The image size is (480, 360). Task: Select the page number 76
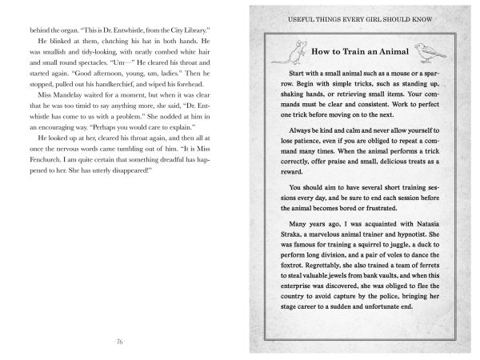(x=118, y=342)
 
